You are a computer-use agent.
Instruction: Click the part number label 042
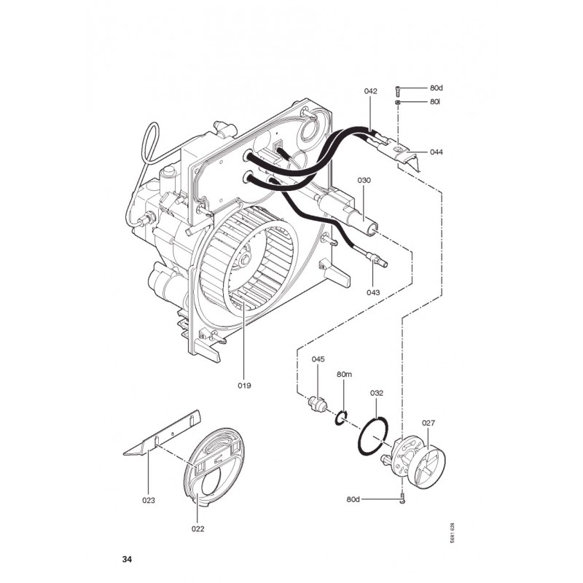pyautogui.click(x=370, y=91)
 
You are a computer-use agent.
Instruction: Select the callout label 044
pyautogui.click(x=437, y=152)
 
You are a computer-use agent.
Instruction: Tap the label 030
pyautogui.click(x=364, y=180)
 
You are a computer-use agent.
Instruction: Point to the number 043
pyautogui.click(x=373, y=292)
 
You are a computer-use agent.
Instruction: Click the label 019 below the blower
pyautogui.click(x=244, y=386)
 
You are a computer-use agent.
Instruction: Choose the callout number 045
pyautogui.click(x=318, y=359)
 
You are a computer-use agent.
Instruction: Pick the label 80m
pyautogui.click(x=344, y=375)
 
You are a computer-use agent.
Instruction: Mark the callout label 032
pyautogui.click(x=376, y=393)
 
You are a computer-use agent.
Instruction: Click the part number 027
pyautogui.click(x=429, y=423)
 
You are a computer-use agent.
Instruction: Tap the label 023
pyautogui.click(x=149, y=501)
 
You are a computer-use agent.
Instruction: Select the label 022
pyautogui.click(x=197, y=529)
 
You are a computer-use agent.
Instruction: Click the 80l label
pyautogui.click(x=435, y=101)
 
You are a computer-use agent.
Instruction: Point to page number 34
pyautogui.click(x=127, y=559)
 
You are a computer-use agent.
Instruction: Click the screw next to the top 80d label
pyautogui.click(x=397, y=90)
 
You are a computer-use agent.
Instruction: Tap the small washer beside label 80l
pyautogui.click(x=397, y=102)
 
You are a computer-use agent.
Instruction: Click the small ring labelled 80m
pyautogui.click(x=336, y=420)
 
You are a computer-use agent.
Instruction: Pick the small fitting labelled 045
pyautogui.click(x=317, y=404)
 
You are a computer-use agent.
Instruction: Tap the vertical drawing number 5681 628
pyautogui.click(x=452, y=533)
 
